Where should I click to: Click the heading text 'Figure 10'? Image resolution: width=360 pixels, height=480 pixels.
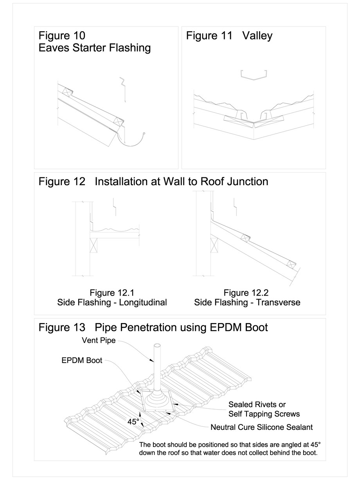click(61, 36)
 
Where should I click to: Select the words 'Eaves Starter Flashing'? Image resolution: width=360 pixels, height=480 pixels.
click(95, 48)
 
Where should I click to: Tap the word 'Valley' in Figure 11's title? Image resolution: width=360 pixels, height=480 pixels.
click(257, 36)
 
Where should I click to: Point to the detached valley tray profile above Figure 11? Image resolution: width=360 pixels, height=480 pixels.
click(254, 74)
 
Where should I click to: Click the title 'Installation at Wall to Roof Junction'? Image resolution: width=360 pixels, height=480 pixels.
click(182, 182)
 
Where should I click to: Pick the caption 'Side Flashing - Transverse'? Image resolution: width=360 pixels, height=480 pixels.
click(247, 303)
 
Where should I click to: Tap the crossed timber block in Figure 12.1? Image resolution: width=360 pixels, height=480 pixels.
click(94, 247)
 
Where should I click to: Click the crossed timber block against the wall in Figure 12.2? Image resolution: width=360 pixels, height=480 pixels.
click(214, 246)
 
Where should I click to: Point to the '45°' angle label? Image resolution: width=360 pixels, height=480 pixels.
click(133, 422)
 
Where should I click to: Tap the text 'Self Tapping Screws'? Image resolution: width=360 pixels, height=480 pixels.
click(264, 414)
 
